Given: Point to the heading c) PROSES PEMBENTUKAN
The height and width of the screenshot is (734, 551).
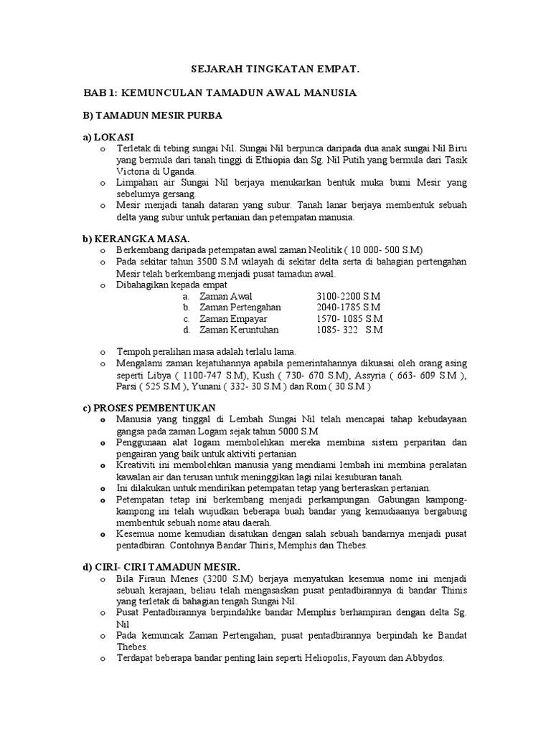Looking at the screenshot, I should [149, 407].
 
